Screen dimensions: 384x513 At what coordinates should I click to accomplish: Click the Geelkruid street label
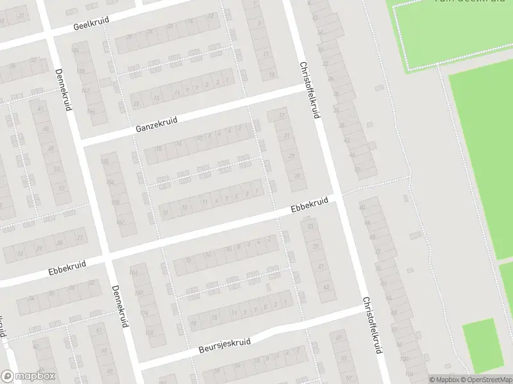[91, 24]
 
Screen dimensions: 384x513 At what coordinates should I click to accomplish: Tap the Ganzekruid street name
[156, 124]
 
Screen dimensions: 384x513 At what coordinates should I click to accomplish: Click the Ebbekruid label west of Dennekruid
[67, 268]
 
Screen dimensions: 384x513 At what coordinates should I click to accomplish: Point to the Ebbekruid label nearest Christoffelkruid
[309, 205]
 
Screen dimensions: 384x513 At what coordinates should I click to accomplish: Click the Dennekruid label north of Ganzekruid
[62, 90]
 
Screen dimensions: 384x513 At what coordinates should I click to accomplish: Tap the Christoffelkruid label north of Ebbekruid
[309, 89]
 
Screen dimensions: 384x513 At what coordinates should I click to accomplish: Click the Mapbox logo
[28, 376]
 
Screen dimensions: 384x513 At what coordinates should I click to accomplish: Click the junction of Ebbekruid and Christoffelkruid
[337, 198]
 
